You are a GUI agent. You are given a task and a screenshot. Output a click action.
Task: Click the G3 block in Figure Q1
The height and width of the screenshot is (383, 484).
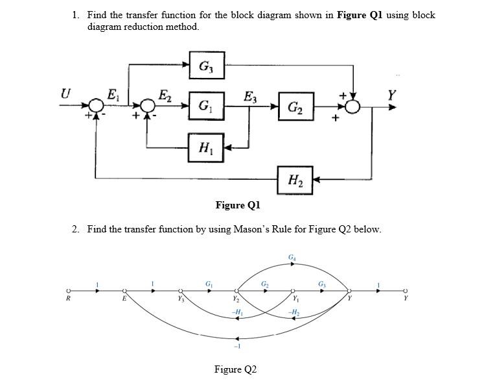pyautogui.click(x=207, y=66)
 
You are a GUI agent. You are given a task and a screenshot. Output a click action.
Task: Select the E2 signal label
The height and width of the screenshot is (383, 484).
pyautogui.click(x=165, y=95)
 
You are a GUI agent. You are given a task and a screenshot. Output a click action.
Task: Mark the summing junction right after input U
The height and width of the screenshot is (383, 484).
pyautogui.click(x=97, y=107)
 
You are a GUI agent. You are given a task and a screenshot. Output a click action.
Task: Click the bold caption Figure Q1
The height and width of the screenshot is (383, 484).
pyautogui.click(x=237, y=205)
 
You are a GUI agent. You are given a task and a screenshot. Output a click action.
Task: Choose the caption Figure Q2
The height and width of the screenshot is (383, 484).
pyautogui.click(x=235, y=369)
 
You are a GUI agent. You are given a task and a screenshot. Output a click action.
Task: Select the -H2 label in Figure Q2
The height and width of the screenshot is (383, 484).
pyautogui.click(x=293, y=313)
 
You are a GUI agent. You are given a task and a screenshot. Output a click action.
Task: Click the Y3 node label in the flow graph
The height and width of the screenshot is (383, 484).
pyautogui.click(x=181, y=300)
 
